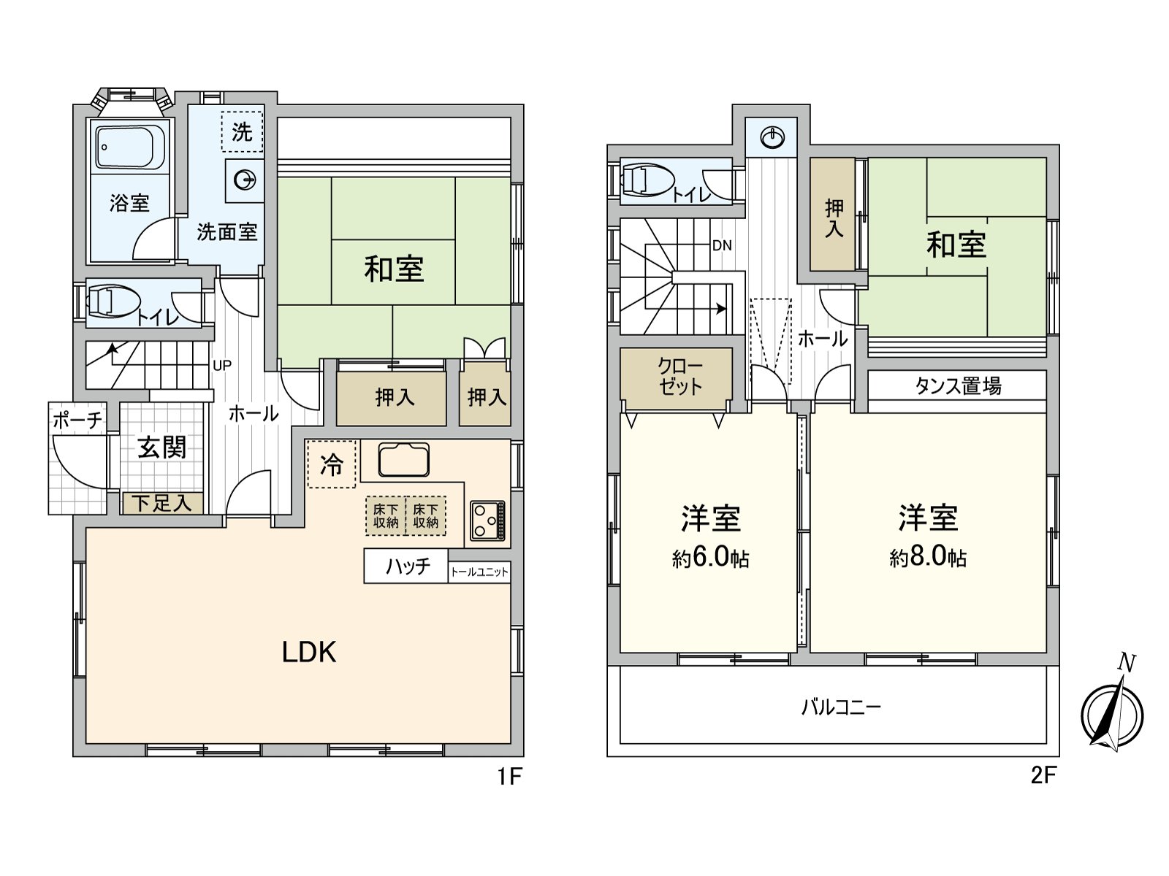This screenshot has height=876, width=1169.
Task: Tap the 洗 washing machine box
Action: tap(243, 131)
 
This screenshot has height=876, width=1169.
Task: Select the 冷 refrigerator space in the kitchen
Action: tap(332, 464)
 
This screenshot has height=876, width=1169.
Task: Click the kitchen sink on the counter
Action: tap(404, 460)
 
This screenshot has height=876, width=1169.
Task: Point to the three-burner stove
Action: tap(487, 520)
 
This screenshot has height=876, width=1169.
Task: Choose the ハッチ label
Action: tap(408, 566)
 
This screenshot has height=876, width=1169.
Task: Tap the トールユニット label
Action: tap(479, 572)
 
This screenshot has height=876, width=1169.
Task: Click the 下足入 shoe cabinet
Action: tap(162, 503)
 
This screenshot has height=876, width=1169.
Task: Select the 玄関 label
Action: tap(161, 447)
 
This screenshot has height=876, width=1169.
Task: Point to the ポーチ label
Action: tap(77, 420)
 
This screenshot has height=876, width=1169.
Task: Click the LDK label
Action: tap(309, 652)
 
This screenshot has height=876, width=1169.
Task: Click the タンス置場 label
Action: tap(958, 385)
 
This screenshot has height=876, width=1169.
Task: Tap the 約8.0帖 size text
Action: tap(927, 557)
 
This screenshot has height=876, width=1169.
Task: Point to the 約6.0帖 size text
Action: tap(710, 558)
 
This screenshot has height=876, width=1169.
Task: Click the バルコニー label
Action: tap(842, 707)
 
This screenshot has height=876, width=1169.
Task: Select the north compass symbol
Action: tap(1112, 712)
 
